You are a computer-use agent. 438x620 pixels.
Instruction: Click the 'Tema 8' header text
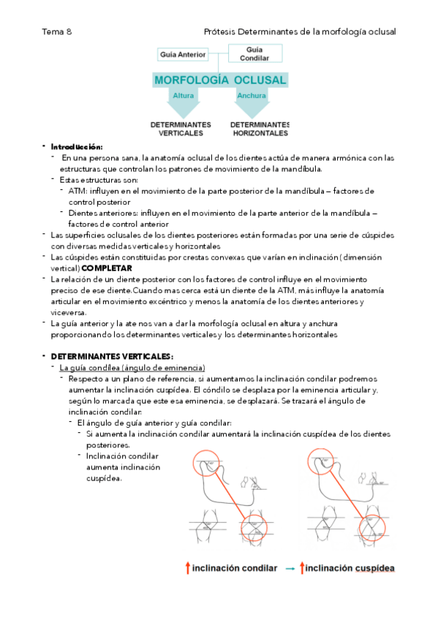point(56,31)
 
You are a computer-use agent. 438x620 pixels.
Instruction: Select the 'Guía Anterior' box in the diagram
point(183,54)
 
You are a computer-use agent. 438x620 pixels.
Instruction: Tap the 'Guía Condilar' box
point(254,53)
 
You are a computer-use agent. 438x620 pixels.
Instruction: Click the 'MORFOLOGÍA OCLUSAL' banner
point(219,79)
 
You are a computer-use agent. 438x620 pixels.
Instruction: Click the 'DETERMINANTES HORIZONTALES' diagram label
point(260,129)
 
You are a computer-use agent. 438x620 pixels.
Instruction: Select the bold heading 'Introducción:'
point(77,147)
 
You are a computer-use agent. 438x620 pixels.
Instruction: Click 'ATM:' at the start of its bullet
point(78,191)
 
